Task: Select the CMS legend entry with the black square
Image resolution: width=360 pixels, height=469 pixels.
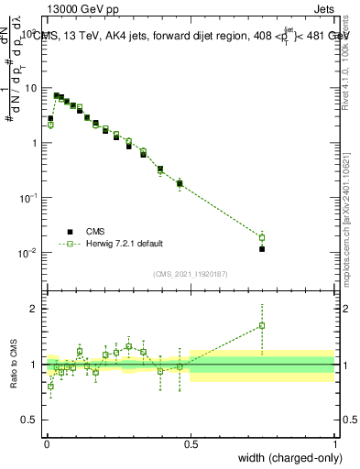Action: tap(96, 232)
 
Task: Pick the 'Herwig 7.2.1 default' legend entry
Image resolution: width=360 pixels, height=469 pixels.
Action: tap(124, 244)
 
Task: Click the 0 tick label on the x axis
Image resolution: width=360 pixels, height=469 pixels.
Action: tap(46, 443)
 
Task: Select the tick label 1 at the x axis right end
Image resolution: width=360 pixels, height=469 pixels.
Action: tap(334, 443)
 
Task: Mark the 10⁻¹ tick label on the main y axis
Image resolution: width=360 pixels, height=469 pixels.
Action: tap(30, 198)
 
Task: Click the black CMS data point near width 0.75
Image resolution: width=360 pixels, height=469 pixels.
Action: tap(262, 248)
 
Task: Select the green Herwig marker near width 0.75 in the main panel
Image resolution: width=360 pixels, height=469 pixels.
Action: tap(262, 237)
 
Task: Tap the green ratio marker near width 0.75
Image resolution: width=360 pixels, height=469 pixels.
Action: tap(262, 325)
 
